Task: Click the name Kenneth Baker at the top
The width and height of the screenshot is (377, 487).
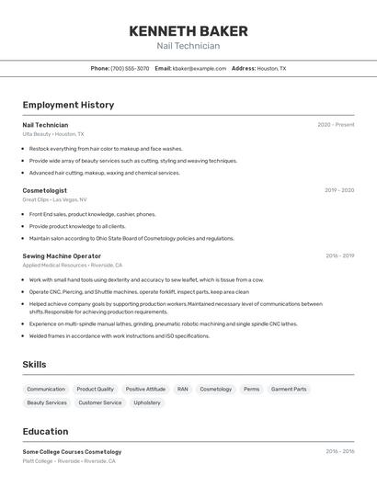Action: coord(188,30)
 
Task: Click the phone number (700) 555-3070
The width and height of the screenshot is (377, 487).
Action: coord(130,68)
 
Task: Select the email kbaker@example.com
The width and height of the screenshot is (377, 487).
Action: coord(200,68)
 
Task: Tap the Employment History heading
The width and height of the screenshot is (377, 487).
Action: coord(68,105)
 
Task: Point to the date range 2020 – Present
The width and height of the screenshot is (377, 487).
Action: coord(336,125)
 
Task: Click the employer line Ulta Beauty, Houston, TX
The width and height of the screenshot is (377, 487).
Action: coord(53,134)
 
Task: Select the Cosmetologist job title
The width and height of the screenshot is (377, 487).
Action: coord(45,190)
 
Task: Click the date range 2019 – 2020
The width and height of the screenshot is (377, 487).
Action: coord(339,190)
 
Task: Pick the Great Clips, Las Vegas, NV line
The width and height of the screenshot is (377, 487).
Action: coord(55,199)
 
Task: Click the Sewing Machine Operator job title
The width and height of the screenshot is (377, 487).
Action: coord(62,255)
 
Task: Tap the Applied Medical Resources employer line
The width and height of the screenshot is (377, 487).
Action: coord(73,265)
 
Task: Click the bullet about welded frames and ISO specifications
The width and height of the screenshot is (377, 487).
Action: coord(120,335)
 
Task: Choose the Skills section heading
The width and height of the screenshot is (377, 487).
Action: coord(34,365)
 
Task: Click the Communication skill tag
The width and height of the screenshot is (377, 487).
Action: coord(46,389)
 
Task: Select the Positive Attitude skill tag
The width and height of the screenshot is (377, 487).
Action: coord(145,389)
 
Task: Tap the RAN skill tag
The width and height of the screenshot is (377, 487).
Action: coord(183,389)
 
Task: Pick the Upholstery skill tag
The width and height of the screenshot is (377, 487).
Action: coord(147,402)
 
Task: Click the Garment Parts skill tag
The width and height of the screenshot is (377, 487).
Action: coord(289,389)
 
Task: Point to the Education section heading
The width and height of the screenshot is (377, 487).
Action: coord(45,432)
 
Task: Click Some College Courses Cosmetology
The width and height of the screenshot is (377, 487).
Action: coord(72,452)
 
